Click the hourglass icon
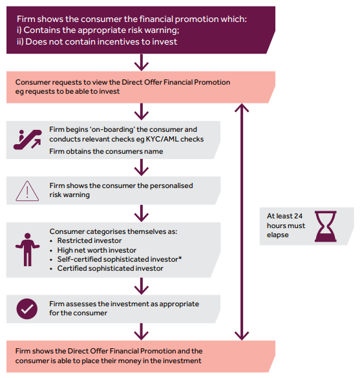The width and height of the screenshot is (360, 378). point(325,226)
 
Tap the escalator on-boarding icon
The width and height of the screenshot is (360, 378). point(28,140)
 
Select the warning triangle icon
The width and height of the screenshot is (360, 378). point(27,191)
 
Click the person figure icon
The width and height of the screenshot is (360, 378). point(28,249)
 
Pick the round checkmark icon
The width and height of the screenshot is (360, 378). point(27,309)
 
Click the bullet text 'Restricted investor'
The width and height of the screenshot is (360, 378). point(89,240)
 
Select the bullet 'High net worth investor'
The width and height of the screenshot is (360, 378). point(97,250)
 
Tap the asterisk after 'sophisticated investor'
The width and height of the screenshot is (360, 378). point(180,258)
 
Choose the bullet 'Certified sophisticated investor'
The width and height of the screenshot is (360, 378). point(110,268)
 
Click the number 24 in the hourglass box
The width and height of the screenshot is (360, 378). point(298,216)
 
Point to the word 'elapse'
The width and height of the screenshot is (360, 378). point(277,235)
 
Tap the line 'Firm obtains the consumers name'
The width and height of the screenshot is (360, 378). point(106,151)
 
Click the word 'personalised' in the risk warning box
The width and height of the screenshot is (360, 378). point(171,185)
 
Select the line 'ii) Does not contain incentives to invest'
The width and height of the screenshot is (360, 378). point(97,42)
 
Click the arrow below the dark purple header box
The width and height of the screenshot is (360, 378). point(142,63)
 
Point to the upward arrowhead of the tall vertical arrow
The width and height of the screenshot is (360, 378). point(242,108)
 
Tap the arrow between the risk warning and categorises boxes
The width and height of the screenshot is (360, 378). point(142,213)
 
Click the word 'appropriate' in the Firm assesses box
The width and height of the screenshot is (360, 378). point(179,304)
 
